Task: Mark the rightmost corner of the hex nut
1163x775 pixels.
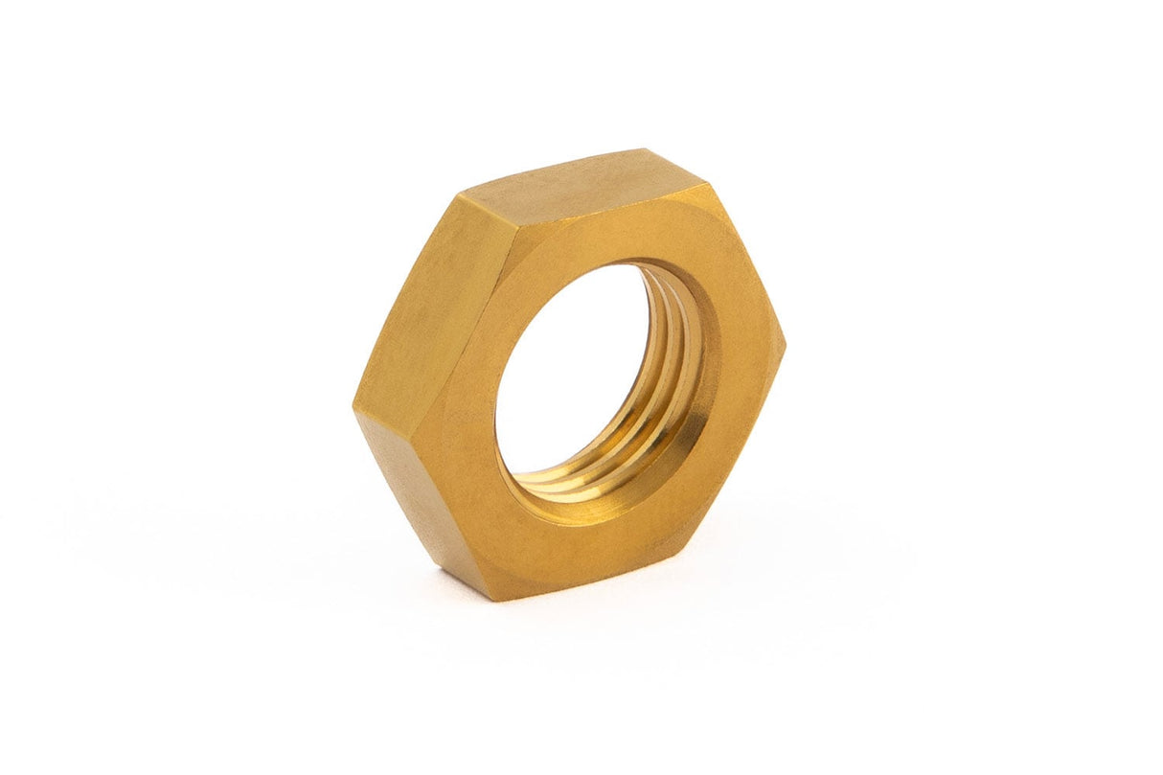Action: click(785, 345)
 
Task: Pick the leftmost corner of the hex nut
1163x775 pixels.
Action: click(353, 407)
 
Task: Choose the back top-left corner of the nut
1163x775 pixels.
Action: click(458, 195)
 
